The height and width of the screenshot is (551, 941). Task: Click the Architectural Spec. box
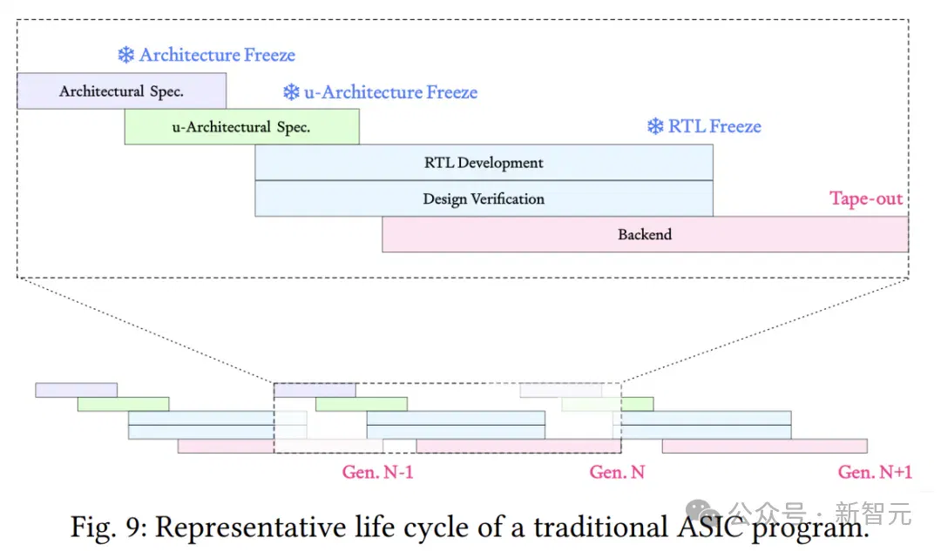(x=122, y=91)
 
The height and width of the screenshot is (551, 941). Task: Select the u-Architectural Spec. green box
(x=242, y=126)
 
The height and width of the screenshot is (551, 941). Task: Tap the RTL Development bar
(x=484, y=163)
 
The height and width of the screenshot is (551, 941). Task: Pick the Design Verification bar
(x=484, y=198)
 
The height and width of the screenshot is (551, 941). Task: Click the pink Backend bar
(x=645, y=234)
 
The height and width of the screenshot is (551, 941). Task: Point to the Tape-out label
(x=866, y=198)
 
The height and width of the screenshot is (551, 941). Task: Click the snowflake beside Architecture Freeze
(x=126, y=55)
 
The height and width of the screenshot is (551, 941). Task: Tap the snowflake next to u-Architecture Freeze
(x=291, y=91)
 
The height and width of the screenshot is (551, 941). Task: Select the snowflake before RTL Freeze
(x=655, y=126)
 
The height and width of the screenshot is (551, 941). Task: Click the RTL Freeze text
(x=714, y=126)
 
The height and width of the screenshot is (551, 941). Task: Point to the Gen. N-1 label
(x=377, y=473)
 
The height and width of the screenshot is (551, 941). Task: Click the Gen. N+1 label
(x=875, y=473)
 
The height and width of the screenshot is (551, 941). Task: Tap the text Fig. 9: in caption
(x=109, y=527)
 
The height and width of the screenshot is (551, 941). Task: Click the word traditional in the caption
(x=600, y=527)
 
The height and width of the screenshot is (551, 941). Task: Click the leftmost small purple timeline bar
(x=76, y=390)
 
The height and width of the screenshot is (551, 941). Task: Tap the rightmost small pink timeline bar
(x=765, y=446)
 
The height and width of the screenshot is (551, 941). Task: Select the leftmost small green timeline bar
(x=124, y=404)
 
